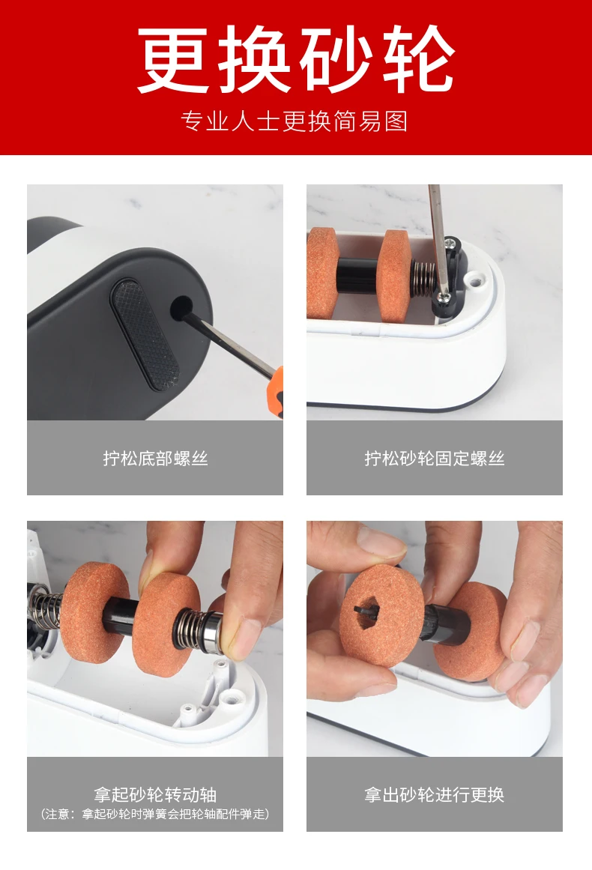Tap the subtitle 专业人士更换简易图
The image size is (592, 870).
click(295, 121)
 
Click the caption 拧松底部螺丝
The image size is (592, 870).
click(155, 459)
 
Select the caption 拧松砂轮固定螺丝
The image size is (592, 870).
click(435, 459)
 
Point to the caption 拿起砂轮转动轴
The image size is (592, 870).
click(155, 794)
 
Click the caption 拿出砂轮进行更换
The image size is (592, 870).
click(435, 794)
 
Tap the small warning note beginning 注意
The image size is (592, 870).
click(155, 814)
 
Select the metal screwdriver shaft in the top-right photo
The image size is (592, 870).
click(438, 238)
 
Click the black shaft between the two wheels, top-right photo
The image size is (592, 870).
click(358, 276)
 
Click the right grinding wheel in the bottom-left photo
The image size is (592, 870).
click(166, 624)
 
